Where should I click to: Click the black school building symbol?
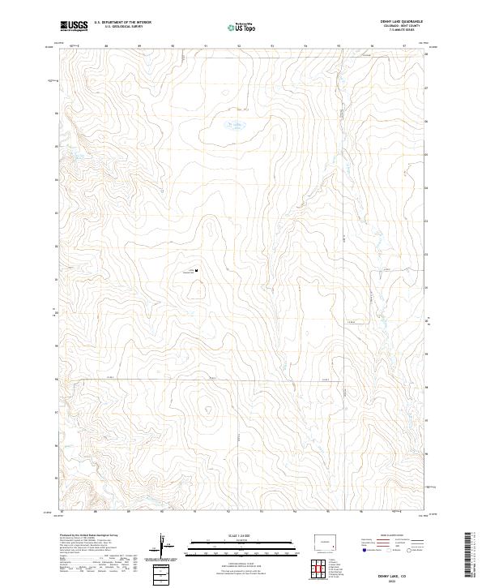(197, 270)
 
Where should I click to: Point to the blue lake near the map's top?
(235, 125)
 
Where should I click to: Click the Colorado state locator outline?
(325, 541)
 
